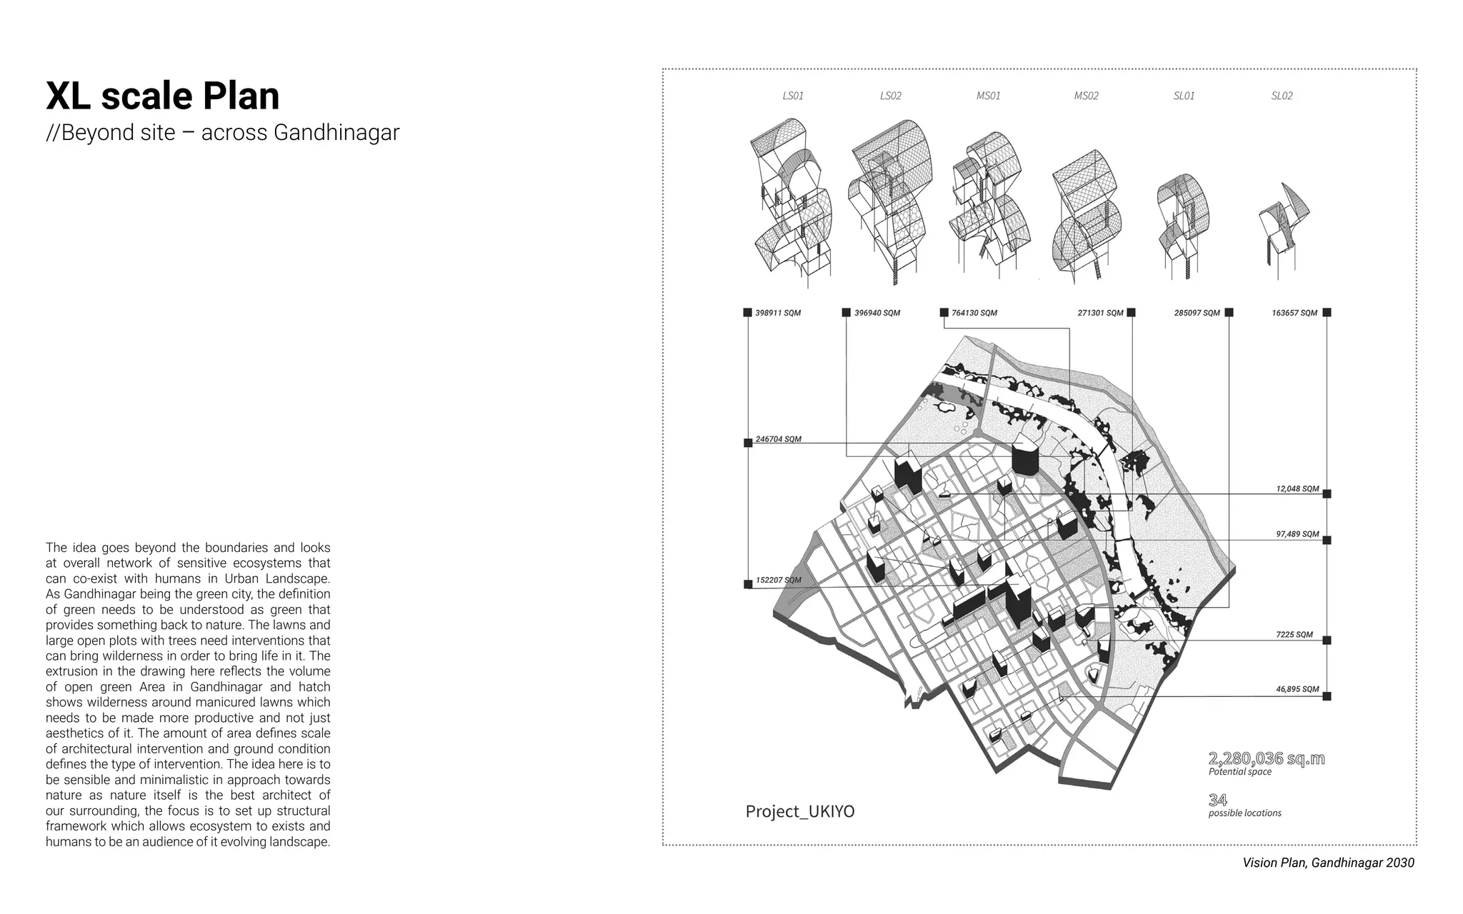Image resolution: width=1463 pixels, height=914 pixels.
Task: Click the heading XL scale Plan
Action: click(163, 96)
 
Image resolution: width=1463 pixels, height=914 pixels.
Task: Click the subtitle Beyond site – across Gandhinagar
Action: click(222, 133)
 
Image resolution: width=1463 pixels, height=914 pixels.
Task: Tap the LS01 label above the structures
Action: click(792, 96)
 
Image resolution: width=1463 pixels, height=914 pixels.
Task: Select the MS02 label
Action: click(1086, 96)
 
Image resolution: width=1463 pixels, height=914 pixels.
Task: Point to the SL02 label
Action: click(1282, 96)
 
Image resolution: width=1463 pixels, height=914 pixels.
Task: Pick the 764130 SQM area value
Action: click(974, 313)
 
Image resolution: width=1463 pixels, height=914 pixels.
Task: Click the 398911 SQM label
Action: click(778, 313)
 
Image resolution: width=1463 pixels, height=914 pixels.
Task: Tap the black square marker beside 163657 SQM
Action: click(1327, 312)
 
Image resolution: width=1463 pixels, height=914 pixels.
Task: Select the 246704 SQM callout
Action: click(778, 439)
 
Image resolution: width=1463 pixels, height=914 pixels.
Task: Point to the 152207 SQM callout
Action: click(778, 580)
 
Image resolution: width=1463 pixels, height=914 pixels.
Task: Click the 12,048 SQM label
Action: click(1297, 489)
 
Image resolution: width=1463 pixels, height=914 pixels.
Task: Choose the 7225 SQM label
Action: click(1294, 634)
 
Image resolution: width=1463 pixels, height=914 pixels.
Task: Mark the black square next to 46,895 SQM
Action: click(1327, 696)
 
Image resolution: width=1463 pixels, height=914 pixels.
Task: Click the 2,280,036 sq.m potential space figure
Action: click(1266, 758)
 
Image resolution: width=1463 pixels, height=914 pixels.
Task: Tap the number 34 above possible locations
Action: click(1217, 800)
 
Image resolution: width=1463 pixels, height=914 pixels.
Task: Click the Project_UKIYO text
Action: click(799, 812)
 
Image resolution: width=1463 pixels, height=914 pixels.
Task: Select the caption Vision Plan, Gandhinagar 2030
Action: click(1327, 863)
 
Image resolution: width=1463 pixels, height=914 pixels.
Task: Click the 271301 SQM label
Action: click(1100, 313)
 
